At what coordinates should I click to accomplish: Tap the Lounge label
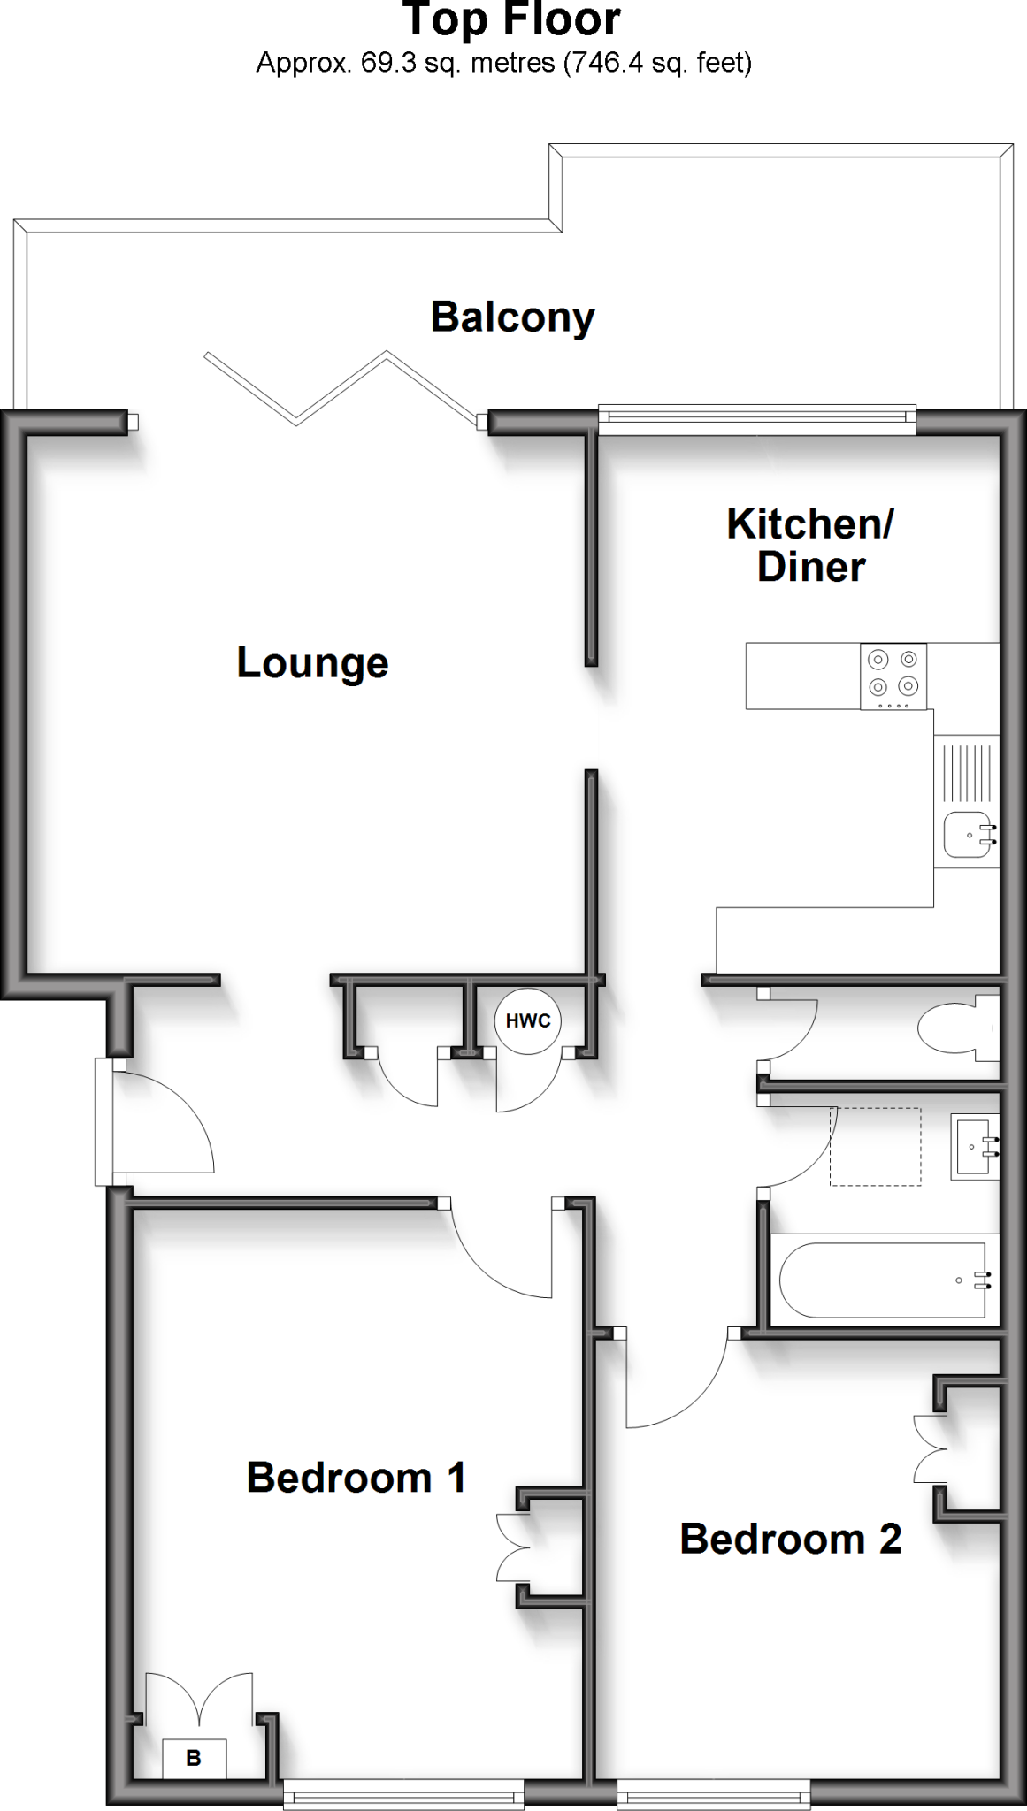[x=312, y=663]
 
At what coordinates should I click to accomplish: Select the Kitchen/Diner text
[x=810, y=545]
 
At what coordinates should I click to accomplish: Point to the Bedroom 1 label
[x=356, y=1478]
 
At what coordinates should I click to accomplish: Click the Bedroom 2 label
[x=790, y=1540]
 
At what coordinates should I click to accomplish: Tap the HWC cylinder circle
[x=528, y=1021]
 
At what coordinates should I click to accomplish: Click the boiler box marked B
[x=194, y=1759]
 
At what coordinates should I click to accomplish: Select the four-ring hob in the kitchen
[x=893, y=676]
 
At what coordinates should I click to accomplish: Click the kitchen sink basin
[x=969, y=834]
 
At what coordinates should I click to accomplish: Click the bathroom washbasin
[x=974, y=1147]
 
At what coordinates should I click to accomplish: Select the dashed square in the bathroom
[x=875, y=1147]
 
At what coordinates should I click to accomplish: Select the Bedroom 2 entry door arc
[x=672, y=1384]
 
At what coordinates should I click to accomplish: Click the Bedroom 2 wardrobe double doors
[x=929, y=1448]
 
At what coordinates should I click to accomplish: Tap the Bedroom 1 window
[x=403, y=1795]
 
